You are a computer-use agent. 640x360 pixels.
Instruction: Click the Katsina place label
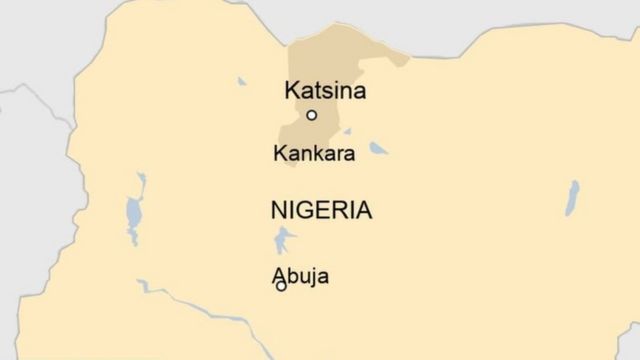(x=325, y=91)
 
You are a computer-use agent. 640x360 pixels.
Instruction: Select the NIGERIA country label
(x=321, y=210)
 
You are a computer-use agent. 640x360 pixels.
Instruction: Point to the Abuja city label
(x=300, y=277)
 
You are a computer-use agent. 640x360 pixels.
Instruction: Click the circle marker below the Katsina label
(x=312, y=115)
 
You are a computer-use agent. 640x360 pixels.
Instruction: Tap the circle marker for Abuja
(x=281, y=286)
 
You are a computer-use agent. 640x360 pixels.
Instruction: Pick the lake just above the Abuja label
(x=284, y=240)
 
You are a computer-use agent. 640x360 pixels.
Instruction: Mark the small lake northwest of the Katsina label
(x=242, y=81)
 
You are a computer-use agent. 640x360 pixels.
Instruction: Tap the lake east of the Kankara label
(x=378, y=149)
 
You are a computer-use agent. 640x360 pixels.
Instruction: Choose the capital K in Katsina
(x=292, y=91)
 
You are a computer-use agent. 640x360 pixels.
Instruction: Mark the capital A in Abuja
(x=279, y=276)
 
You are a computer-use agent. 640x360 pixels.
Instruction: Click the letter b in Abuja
(x=292, y=276)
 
